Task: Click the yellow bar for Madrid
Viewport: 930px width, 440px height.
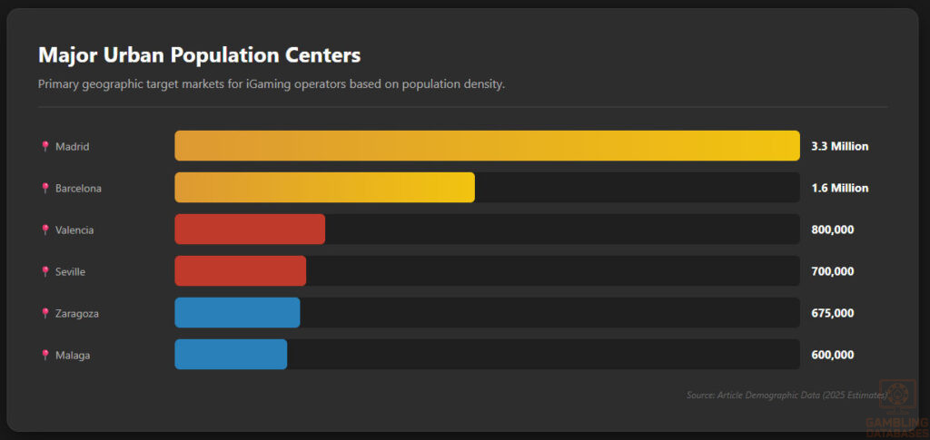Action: [487, 146]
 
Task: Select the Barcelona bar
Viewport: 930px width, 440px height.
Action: [324, 188]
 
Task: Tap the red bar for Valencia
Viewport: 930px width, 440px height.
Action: [250, 230]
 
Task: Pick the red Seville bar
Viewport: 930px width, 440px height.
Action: [240, 271]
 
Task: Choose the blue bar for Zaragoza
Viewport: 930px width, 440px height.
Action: [237, 313]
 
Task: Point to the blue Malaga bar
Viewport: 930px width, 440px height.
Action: [231, 355]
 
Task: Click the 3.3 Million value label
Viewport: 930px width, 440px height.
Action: [839, 146]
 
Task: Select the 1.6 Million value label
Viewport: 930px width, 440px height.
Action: [839, 188]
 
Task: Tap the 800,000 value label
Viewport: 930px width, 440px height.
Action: [832, 230]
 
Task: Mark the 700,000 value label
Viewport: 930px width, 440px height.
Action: [832, 271]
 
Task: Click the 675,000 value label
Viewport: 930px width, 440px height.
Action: [832, 313]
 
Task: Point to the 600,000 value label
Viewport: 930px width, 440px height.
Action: [832, 355]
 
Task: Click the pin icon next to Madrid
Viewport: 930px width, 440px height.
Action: [45, 146]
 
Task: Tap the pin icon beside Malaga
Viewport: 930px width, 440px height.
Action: [45, 355]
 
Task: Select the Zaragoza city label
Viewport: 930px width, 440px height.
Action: [76, 313]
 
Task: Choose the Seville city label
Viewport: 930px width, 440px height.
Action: [70, 271]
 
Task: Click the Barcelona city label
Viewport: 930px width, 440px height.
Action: [78, 188]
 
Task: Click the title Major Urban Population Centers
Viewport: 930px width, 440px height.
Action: [199, 55]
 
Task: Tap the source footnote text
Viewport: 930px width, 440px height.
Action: [787, 395]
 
